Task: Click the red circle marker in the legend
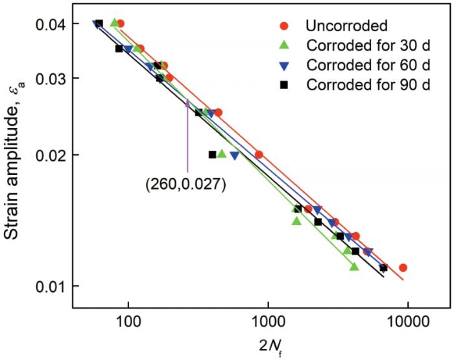(x=283, y=26)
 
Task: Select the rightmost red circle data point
(x=403, y=267)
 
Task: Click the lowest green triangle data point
(x=354, y=266)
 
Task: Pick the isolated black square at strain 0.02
(x=212, y=154)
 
